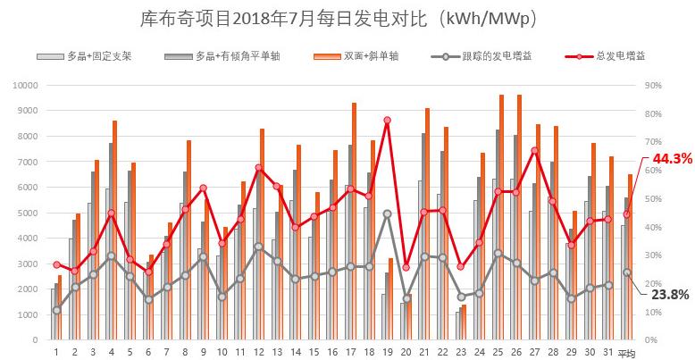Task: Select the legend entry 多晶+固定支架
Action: (98, 55)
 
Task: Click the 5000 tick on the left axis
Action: (26, 213)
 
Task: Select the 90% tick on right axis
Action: (653, 85)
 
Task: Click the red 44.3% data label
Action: (672, 159)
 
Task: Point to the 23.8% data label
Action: (672, 293)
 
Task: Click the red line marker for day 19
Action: (387, 120)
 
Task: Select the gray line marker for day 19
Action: (387, 213)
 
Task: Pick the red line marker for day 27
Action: (534, 151)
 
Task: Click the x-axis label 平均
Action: (626, 352)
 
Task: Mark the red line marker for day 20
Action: (406, 267)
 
